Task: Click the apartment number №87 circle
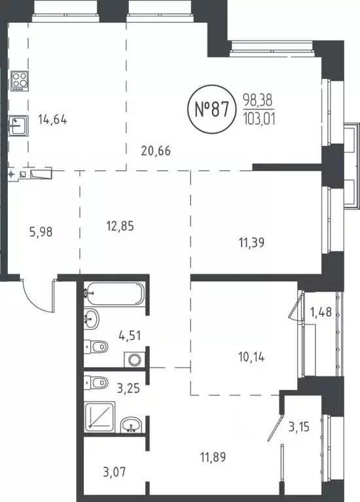pos(211,109)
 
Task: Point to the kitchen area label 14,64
pos(53,120)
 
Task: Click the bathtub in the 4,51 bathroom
pos(114,294)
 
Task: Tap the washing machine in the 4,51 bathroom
pos(134,359)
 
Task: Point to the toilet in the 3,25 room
pos(98,382)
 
